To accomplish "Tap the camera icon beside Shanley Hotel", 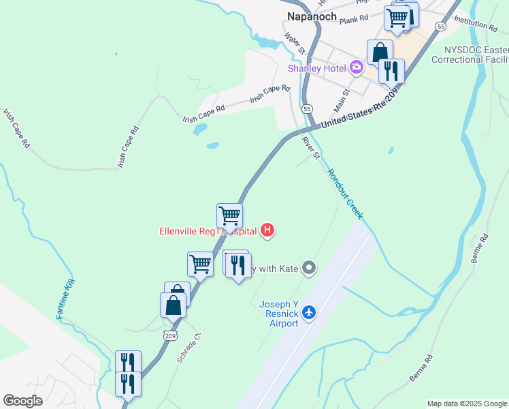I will click(355, 67).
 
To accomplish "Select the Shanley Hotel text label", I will click(317, 67).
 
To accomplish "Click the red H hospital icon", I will click(268, 230).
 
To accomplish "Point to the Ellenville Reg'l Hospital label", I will click(208, 231).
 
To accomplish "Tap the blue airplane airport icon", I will click(310, 312).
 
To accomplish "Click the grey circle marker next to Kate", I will click(310, 268).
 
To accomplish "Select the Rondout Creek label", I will click(345, 194).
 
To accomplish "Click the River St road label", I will click(311, 147).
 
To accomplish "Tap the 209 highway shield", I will click(170, 335).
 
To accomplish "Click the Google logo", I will click(22, 401).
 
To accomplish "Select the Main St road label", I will click(342, 101).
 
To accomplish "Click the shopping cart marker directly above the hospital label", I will click(230, 215).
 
